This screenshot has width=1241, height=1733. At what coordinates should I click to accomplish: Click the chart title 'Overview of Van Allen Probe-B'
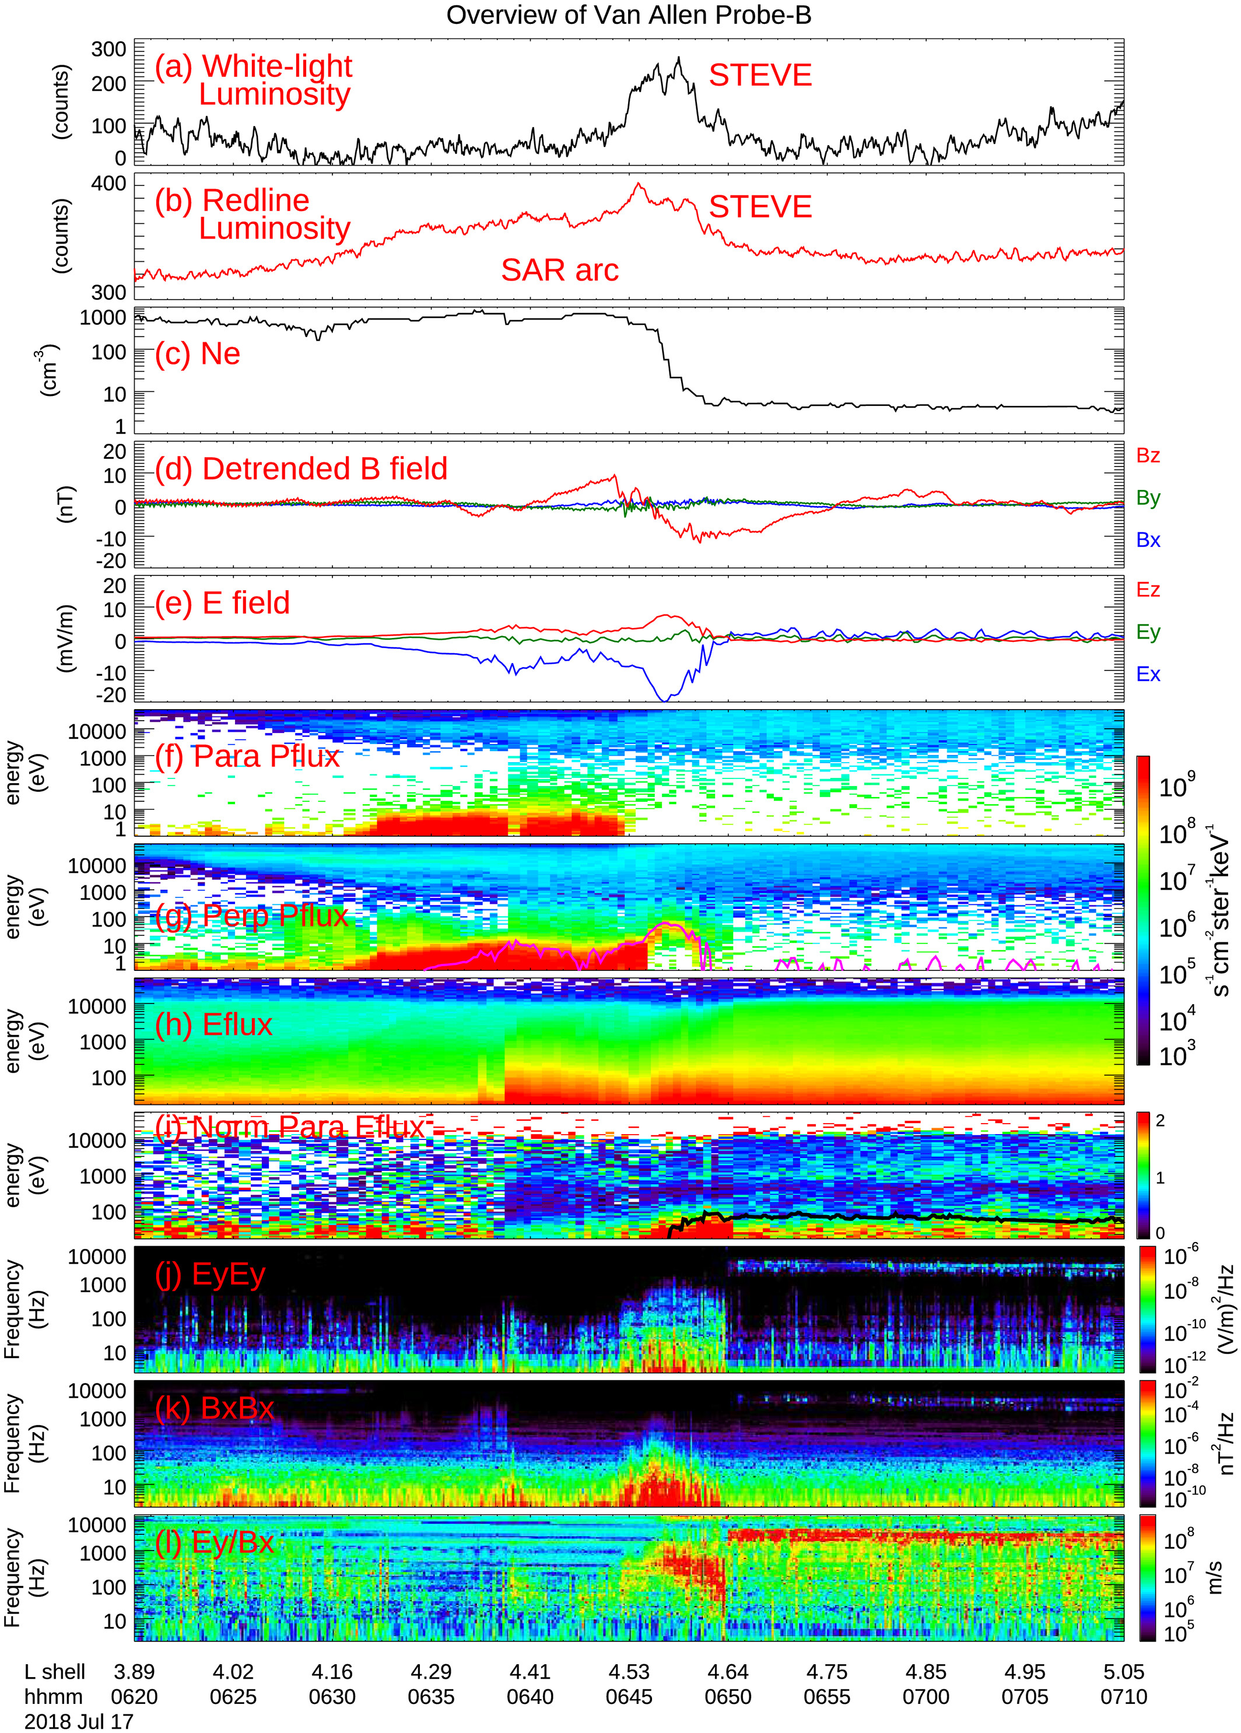tap(628, 15)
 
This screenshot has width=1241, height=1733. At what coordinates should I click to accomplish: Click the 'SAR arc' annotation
tap(559, 271)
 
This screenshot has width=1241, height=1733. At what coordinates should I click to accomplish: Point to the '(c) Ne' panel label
tap(197, 354)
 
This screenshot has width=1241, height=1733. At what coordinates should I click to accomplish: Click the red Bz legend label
tap(1148, 455)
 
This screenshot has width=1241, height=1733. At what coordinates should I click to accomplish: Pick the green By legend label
tap(1148, 498)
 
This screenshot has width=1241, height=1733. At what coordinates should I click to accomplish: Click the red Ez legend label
tap(1148, 590)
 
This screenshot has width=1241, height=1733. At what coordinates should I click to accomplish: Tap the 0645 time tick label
tap(629, 1697)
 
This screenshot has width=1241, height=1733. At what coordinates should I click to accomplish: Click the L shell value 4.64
tap(727, 1672)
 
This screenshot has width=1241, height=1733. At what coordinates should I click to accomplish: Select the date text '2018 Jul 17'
tap(79, 1721)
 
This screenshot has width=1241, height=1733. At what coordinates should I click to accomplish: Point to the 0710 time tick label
tap(1123, 1697)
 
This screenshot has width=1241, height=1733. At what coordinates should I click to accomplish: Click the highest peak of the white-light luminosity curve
tap(679, 58)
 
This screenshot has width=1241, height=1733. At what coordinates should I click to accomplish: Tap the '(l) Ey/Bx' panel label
tap(214, 1543)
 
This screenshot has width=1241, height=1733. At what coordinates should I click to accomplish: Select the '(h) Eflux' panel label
tap(213, 1025)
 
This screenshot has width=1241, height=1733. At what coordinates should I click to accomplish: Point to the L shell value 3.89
tap(135, 1672)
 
